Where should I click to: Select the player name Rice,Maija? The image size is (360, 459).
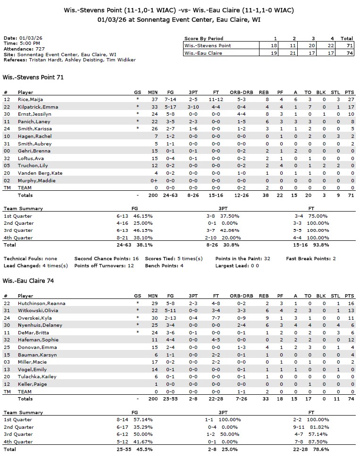tap(29, 99)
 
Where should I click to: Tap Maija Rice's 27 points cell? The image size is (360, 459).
tap(349, 99)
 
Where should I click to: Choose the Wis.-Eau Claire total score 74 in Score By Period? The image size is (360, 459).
tap(347, 53)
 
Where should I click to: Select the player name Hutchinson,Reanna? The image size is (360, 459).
tap(42, 303)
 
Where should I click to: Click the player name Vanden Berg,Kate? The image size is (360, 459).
tap(40, 173)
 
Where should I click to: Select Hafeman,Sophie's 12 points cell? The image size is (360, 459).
tap(349, 340)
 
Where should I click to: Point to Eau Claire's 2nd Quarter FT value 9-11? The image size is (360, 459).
tap(304, 427)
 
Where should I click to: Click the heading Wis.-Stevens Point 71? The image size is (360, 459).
tap(33, 76)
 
